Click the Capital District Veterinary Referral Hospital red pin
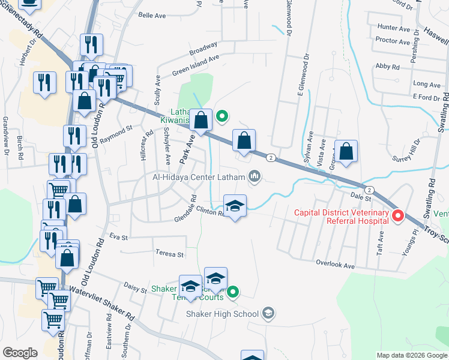pyautogui.click(x=397, y=215)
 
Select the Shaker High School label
pyautogui.click(x=222, y=314)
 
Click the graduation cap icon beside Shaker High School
pyautogui.click(x=268, y=313)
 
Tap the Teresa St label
pyautogui.click(x=169, y=254)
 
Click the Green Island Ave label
pyautogui.click(x=196, y=64)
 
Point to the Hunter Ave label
pyautogui.click(x=393, y=28)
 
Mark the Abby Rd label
pyautogui.click(x=387, y=67)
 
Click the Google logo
pyautogui.click(x=20, y=352)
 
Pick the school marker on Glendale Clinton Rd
pyautogui.click(x=235, y=206)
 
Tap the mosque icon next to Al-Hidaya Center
pyautogui.click(x=255, y=176)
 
